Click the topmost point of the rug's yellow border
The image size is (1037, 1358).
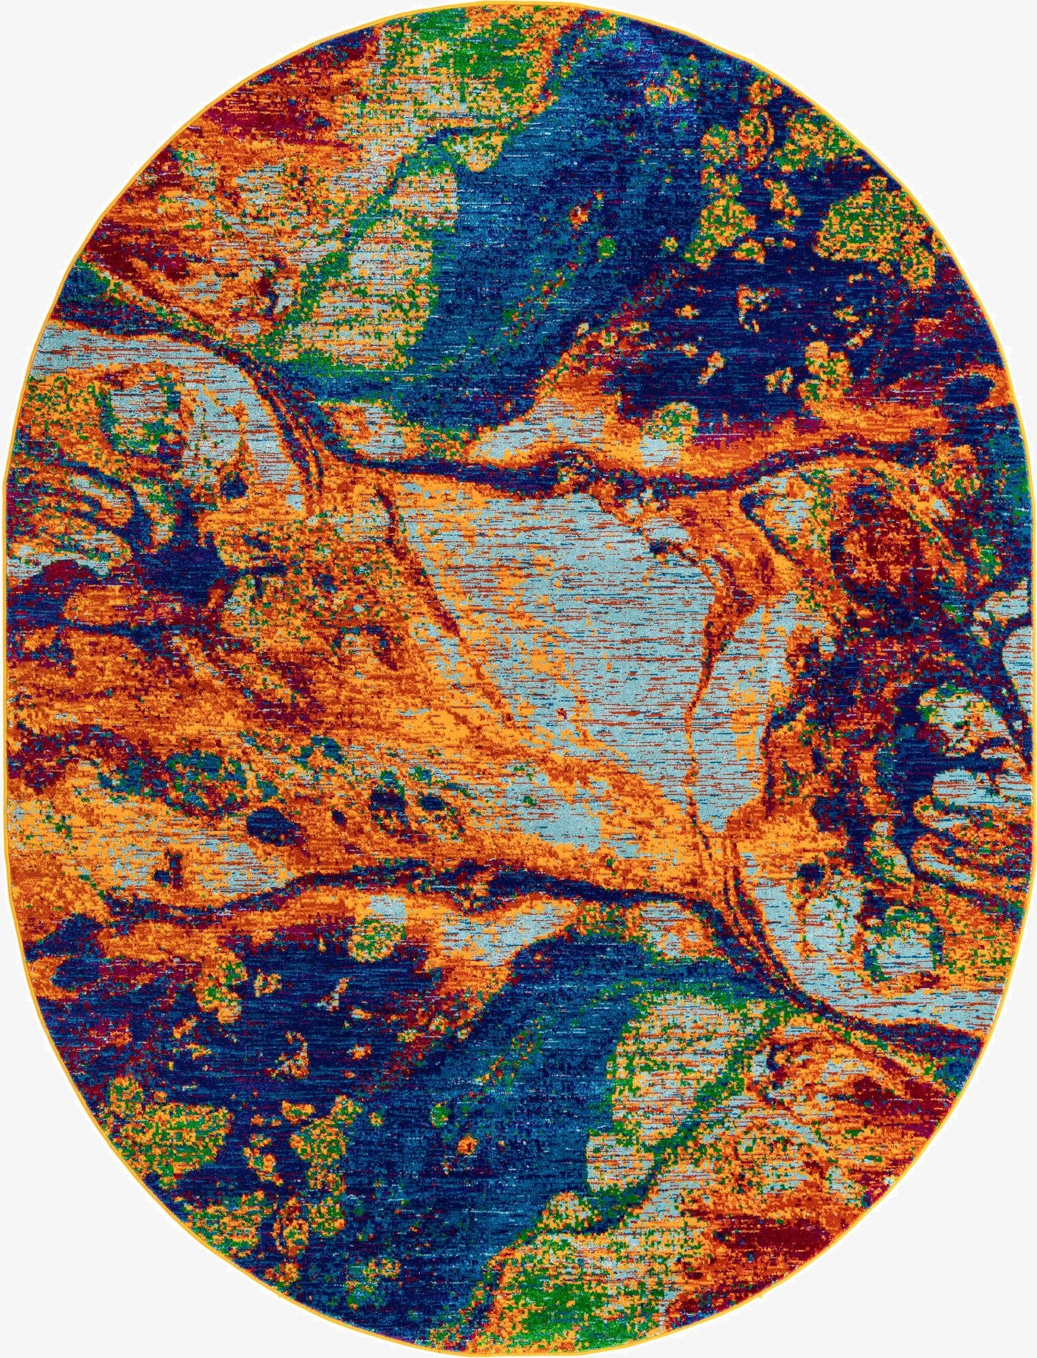click(x=519, y=2)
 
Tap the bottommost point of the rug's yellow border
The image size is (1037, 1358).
click(x=519, y=1355)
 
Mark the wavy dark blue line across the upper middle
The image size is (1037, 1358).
click(x=611, y=469)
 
